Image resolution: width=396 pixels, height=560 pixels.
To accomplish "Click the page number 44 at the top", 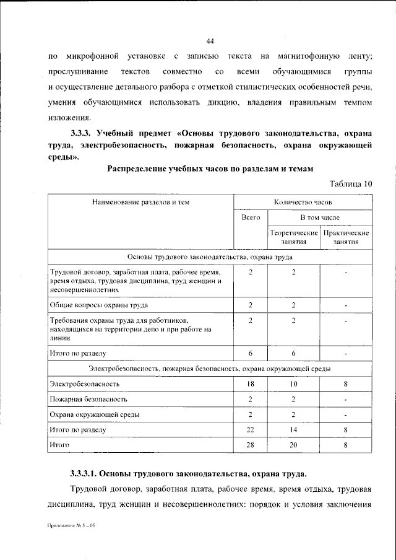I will pos(210,41).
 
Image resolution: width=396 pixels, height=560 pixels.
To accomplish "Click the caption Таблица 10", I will pos(351,183).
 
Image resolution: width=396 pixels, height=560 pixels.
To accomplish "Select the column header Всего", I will pos(250,218).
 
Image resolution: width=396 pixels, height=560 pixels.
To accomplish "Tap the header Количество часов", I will pos(303,202).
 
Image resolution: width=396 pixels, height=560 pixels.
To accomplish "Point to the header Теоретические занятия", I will pos(293,237).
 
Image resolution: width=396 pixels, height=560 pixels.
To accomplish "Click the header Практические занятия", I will pos(346,237).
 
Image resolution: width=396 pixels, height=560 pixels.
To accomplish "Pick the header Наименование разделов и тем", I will pos(140,202).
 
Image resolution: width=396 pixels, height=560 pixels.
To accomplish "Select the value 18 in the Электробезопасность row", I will pos(250,384).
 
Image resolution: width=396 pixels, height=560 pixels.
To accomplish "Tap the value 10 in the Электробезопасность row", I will pos(293,384).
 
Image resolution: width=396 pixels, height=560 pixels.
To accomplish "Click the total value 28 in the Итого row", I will pos(250,445).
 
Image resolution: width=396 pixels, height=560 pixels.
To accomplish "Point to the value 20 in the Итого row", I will pos(293,445).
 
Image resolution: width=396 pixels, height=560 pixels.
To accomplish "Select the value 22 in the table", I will pos(250,429).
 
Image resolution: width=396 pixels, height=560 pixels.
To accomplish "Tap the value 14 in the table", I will pos(293,429).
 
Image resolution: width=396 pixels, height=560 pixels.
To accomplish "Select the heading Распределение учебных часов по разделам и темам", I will pos(210,168).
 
